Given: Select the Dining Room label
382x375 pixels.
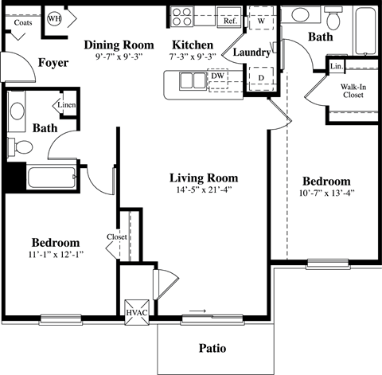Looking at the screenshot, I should point(119,45).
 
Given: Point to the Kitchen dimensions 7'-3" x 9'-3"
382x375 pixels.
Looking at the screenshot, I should point(191,58).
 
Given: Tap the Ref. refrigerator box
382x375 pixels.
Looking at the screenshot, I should point(229,21).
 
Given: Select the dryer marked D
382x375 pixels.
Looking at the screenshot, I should point(260,79).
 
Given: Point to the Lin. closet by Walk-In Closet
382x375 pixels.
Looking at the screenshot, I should point(337,66).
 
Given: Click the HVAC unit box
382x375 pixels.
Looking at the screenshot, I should point(134,312).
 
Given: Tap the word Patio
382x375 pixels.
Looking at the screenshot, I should point(213,348).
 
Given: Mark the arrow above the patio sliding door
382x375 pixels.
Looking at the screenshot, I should point(197,310).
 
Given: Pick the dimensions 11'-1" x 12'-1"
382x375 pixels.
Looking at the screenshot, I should point(55,256).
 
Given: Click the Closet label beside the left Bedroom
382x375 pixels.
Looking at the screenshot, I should point(117,236).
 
